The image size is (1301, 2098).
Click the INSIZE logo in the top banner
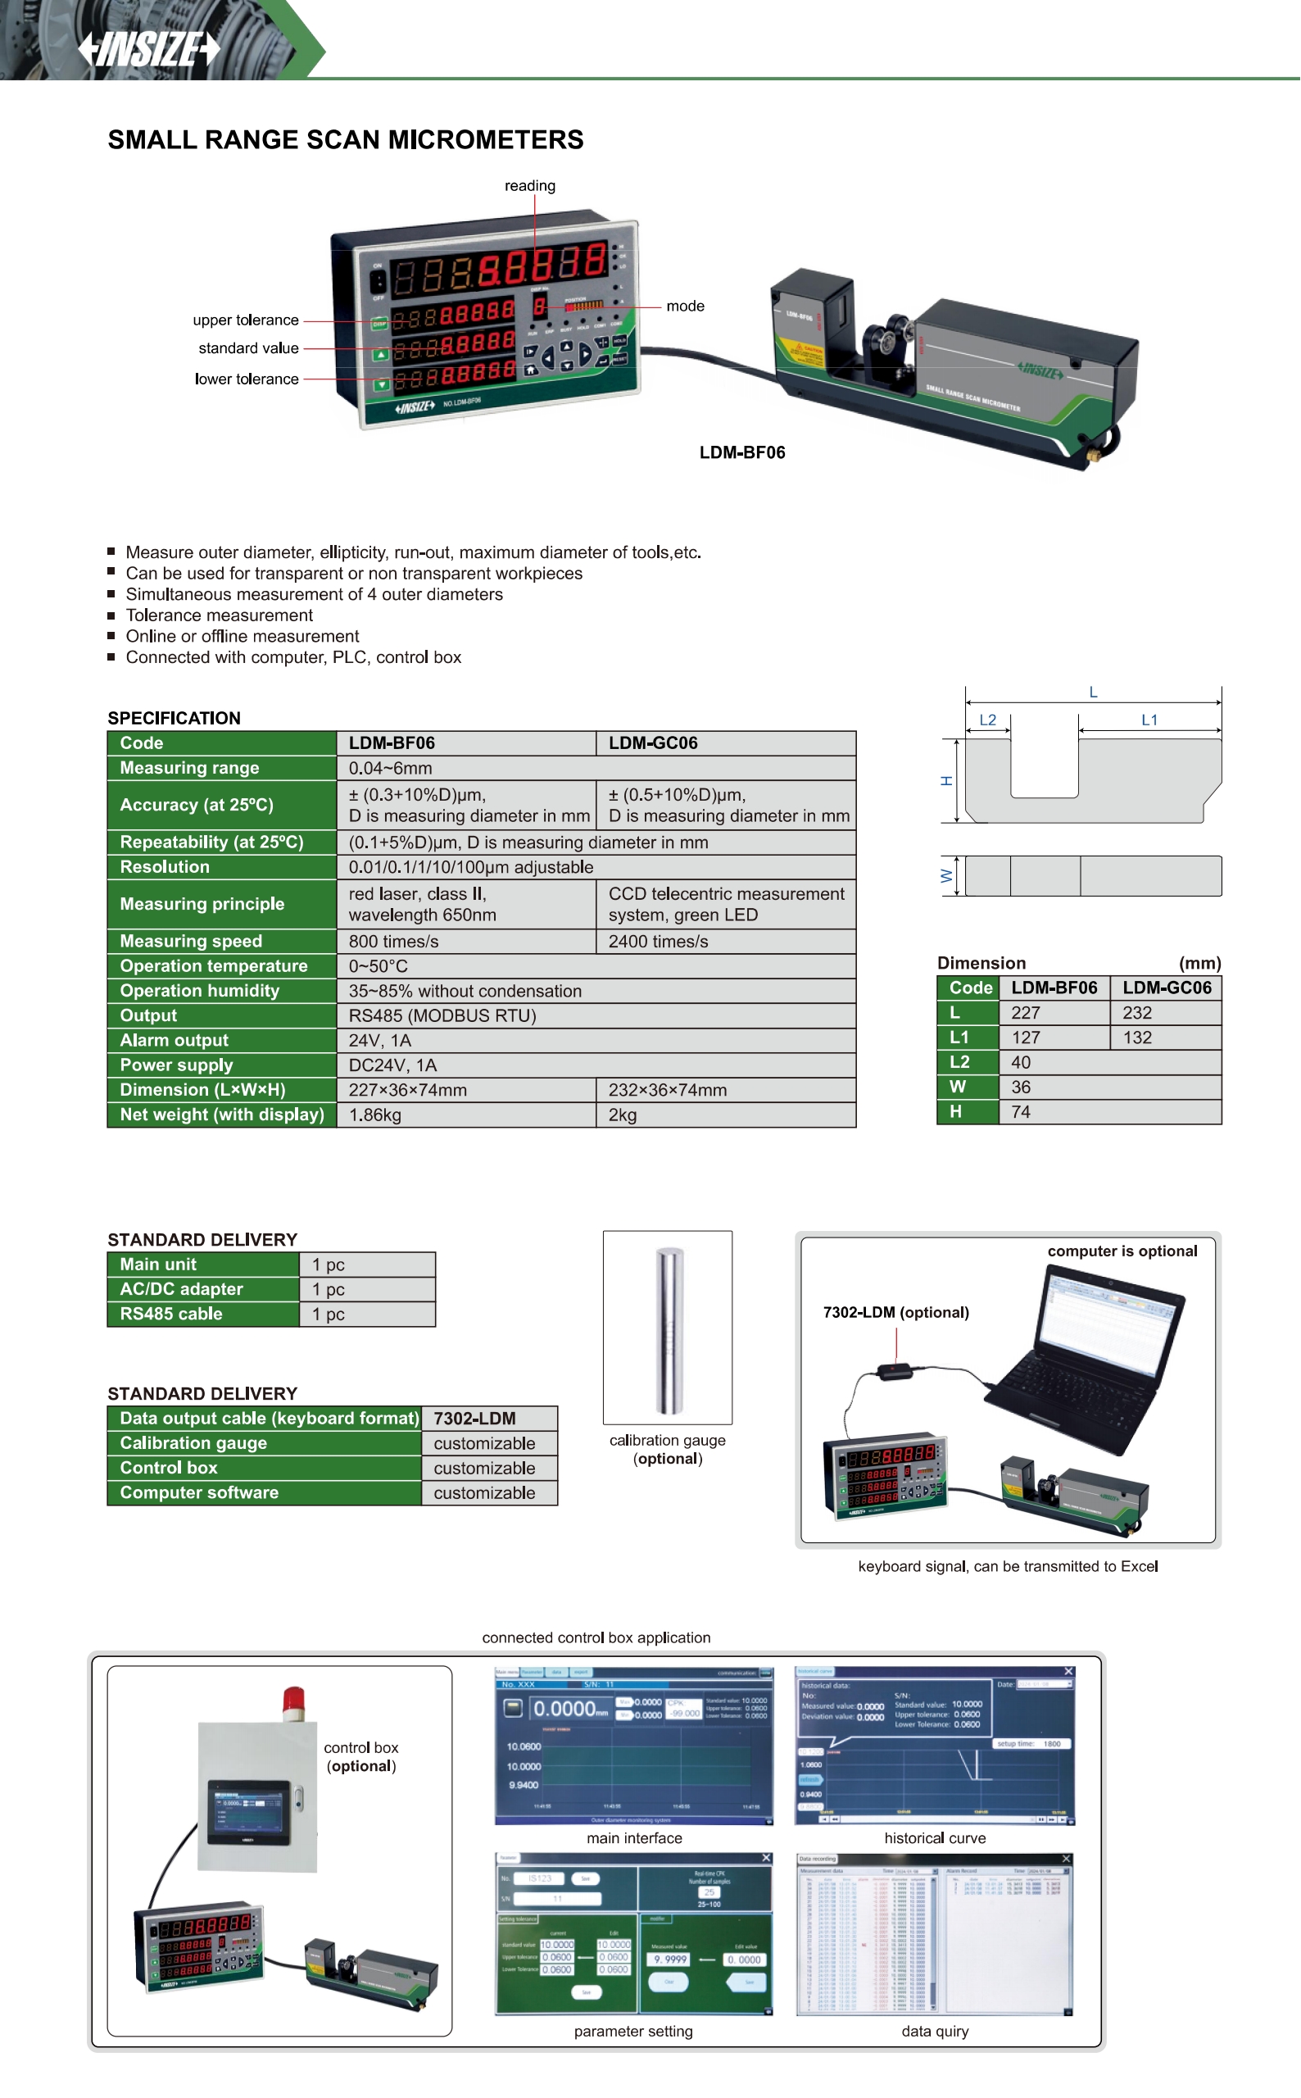coord(149,49)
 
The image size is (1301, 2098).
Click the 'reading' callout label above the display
coord(529,186)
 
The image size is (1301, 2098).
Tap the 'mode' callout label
coord(685,307)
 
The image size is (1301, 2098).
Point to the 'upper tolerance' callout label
coord(245,320)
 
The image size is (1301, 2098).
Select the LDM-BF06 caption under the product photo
coord(741,452)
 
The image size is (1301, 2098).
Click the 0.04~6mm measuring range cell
coord(391,768)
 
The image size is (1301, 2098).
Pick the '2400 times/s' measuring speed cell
coord(658,942)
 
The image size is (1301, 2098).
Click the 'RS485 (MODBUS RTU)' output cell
coord(442,1015)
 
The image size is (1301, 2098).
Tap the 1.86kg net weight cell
coord(375,1115)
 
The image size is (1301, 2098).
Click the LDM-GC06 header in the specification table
coord(653,742)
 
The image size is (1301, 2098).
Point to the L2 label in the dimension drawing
coord(988,720)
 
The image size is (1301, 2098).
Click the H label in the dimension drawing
coord(946,780)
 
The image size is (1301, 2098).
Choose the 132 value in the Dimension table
coord(1136,1038)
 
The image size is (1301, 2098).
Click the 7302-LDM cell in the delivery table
coord(475,1418)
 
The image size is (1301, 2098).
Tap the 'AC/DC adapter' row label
coord(182,1289)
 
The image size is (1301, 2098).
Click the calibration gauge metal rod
coord(669,1329)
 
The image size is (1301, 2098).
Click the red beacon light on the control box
coord(294,1704)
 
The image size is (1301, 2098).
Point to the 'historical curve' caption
coord(935,1838)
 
